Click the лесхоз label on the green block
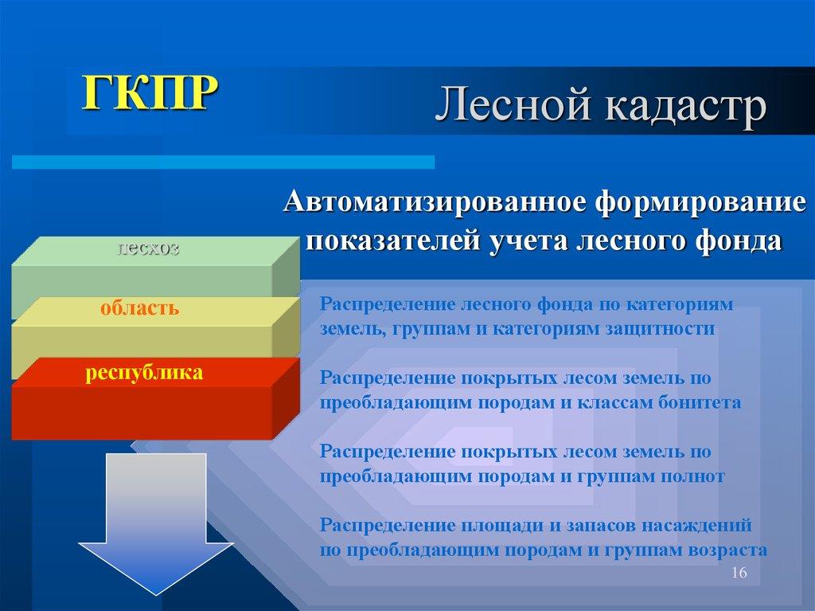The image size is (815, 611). pos(148,248)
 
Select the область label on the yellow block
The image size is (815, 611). pos(139,308)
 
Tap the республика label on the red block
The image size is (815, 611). pos(145,372)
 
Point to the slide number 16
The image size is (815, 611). pos(739,575)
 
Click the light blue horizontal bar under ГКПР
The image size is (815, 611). pos(223,162)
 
